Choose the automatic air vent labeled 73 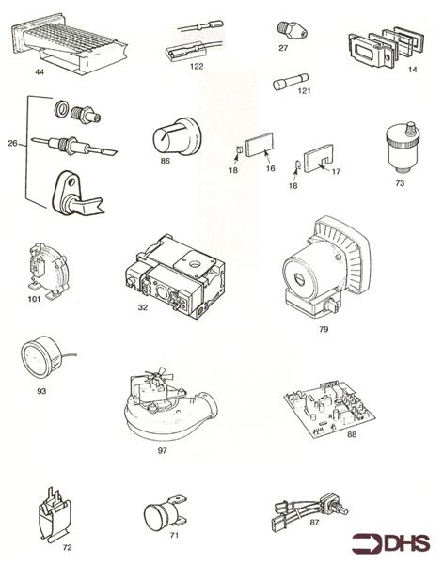pos(401,148)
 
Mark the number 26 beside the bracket pos(11,145)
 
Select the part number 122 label pos(197,68)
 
